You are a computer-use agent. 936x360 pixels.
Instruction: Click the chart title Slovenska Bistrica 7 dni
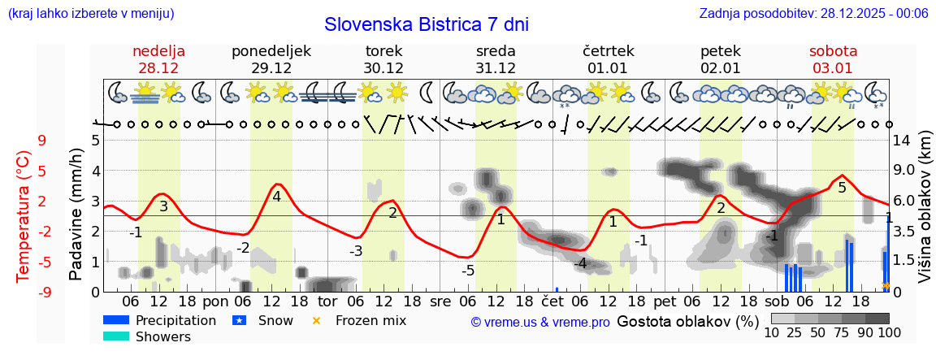click(x=426, y=24)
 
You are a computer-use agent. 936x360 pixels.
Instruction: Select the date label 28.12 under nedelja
click(x=159, y=68)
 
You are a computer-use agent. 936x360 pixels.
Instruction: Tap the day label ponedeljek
click(x=271, y=51)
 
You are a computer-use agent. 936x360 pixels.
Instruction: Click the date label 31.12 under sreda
click(x=496, y=68)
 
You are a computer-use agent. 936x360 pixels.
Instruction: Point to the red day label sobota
click(x=833, y=51)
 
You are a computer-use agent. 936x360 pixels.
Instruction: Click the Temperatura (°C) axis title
click(x=24, y=215)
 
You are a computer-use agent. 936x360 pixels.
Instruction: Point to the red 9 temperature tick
click(x=42, y=141)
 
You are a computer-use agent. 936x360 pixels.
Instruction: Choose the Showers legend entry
click(x=162, y=336)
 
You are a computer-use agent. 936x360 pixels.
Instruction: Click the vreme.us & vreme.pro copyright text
click(x=540, y=322)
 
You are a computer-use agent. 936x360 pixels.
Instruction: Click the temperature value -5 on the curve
click(x=468, y=271)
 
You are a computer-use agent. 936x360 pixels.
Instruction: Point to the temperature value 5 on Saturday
click(x=842, y=188)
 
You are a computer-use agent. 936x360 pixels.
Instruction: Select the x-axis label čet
click(x=552, y=301)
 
